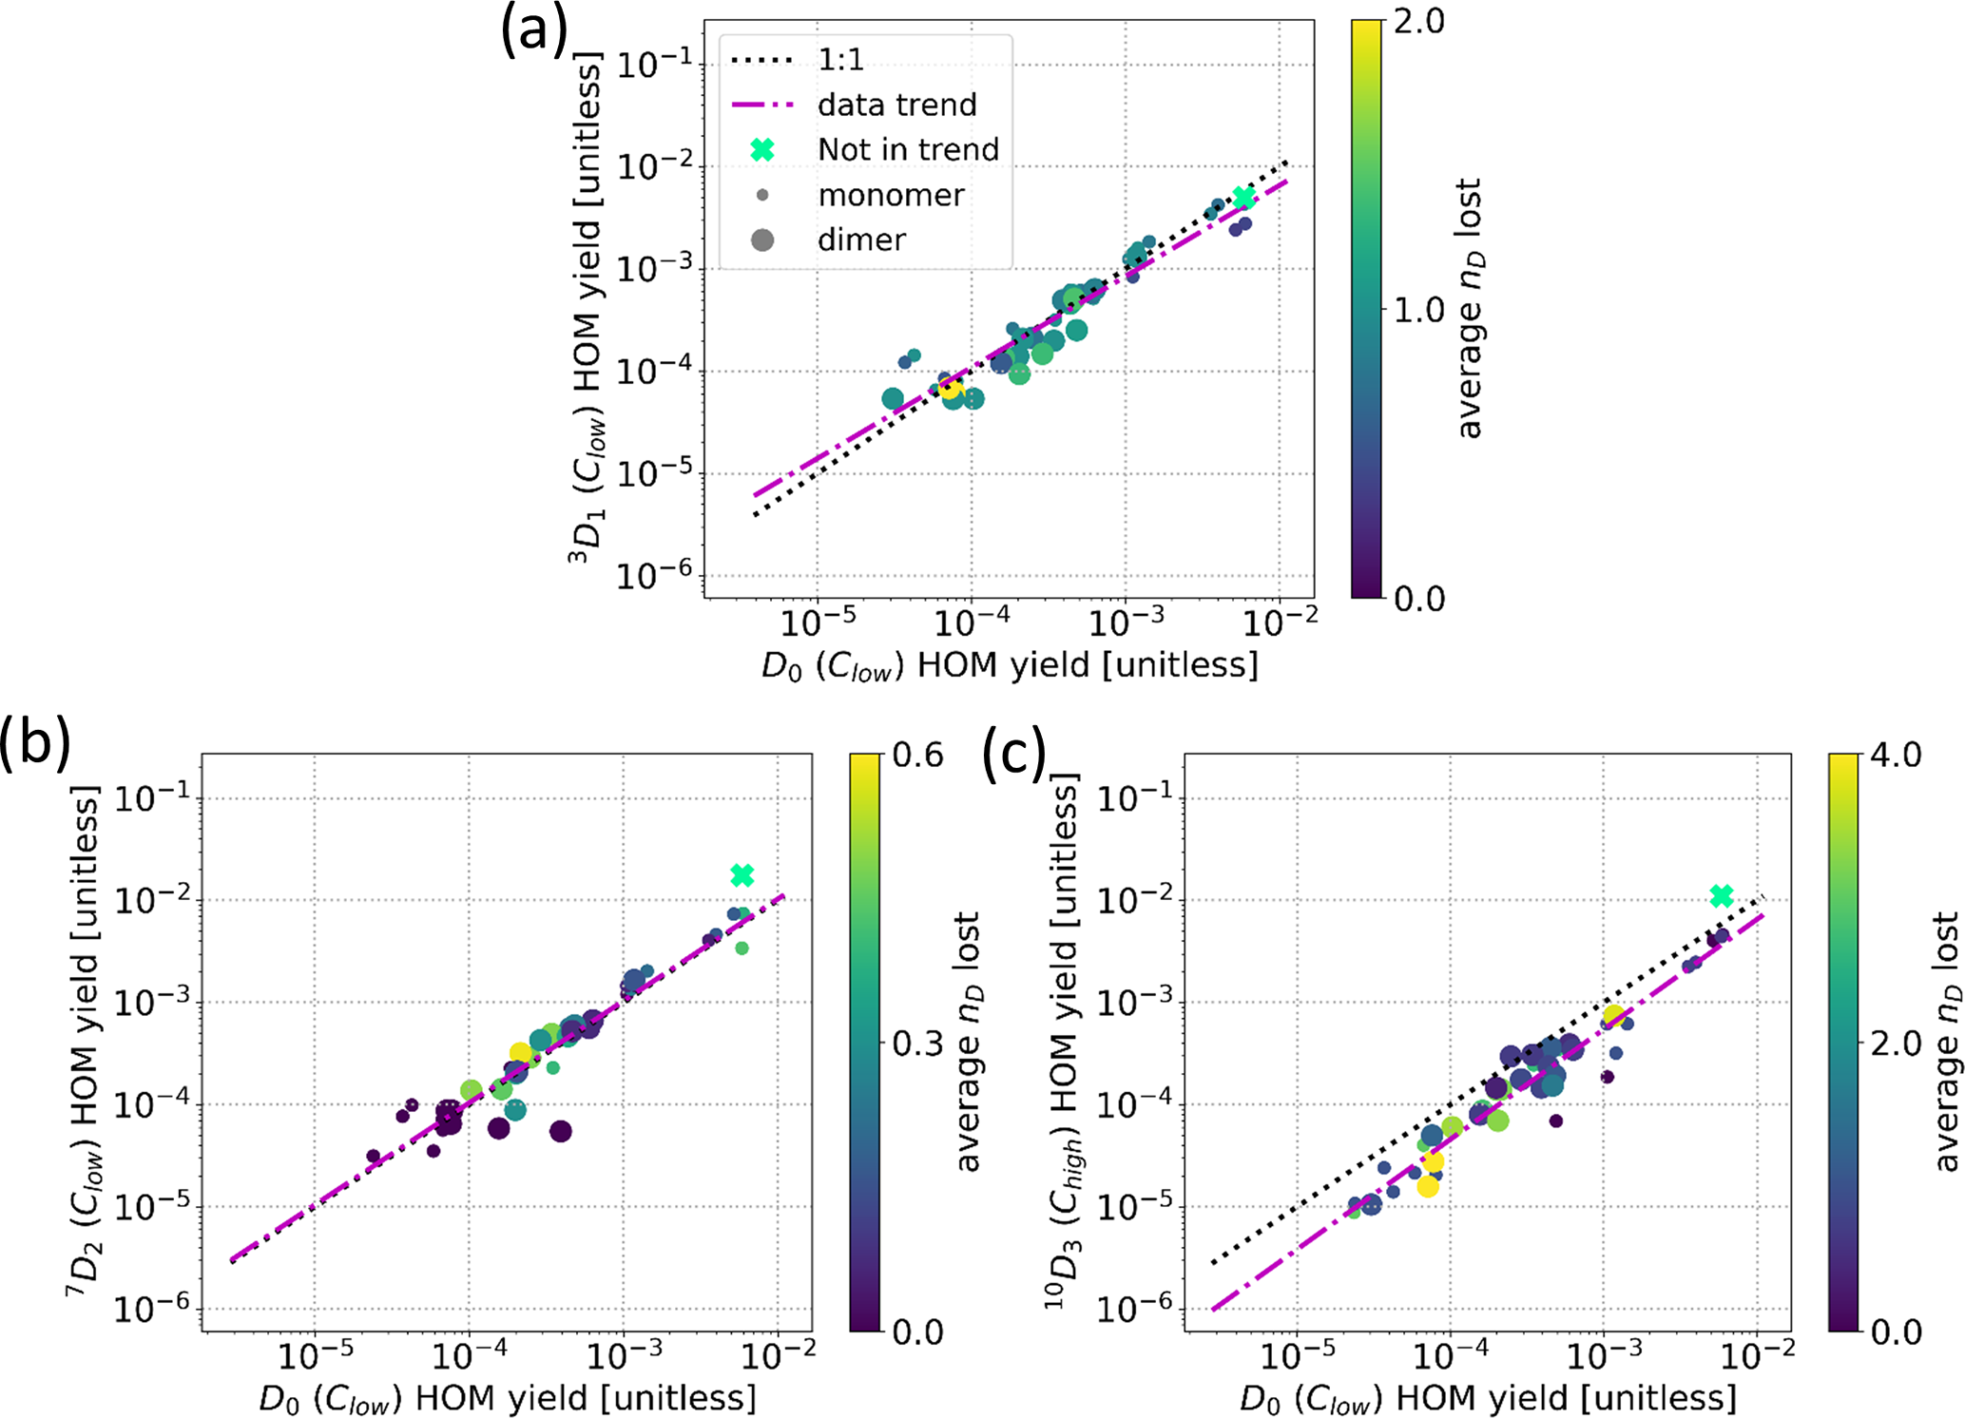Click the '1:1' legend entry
point(840,60)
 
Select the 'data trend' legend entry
point(896,105)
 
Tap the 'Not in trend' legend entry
point(908,149)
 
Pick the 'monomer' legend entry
point(891,195)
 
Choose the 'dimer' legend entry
point(861,240)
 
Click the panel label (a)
point(534,30)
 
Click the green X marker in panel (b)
point(742,875)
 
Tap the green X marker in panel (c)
point(1721,896)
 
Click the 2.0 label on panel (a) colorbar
point(1418,22)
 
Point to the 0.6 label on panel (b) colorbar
point(917,756)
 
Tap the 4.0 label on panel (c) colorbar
point(1896,756)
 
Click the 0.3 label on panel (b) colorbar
point(917,1044)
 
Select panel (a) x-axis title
point(1010,665)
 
